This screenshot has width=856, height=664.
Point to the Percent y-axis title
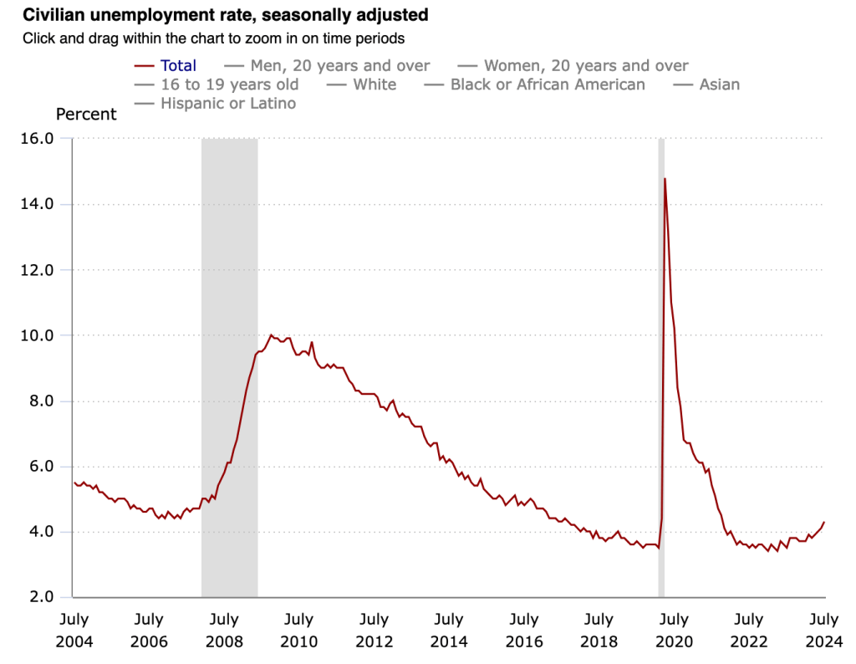pos(86,115)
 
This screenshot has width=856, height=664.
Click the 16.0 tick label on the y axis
pos(37,138)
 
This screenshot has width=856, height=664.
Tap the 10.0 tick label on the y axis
pos(37,335)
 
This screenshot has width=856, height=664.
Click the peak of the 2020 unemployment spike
pos(665,178)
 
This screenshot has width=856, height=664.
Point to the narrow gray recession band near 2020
pos(661,368)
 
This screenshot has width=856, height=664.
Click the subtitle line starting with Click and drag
pos(213,38)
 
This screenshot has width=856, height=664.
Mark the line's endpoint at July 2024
pos(824,522)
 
